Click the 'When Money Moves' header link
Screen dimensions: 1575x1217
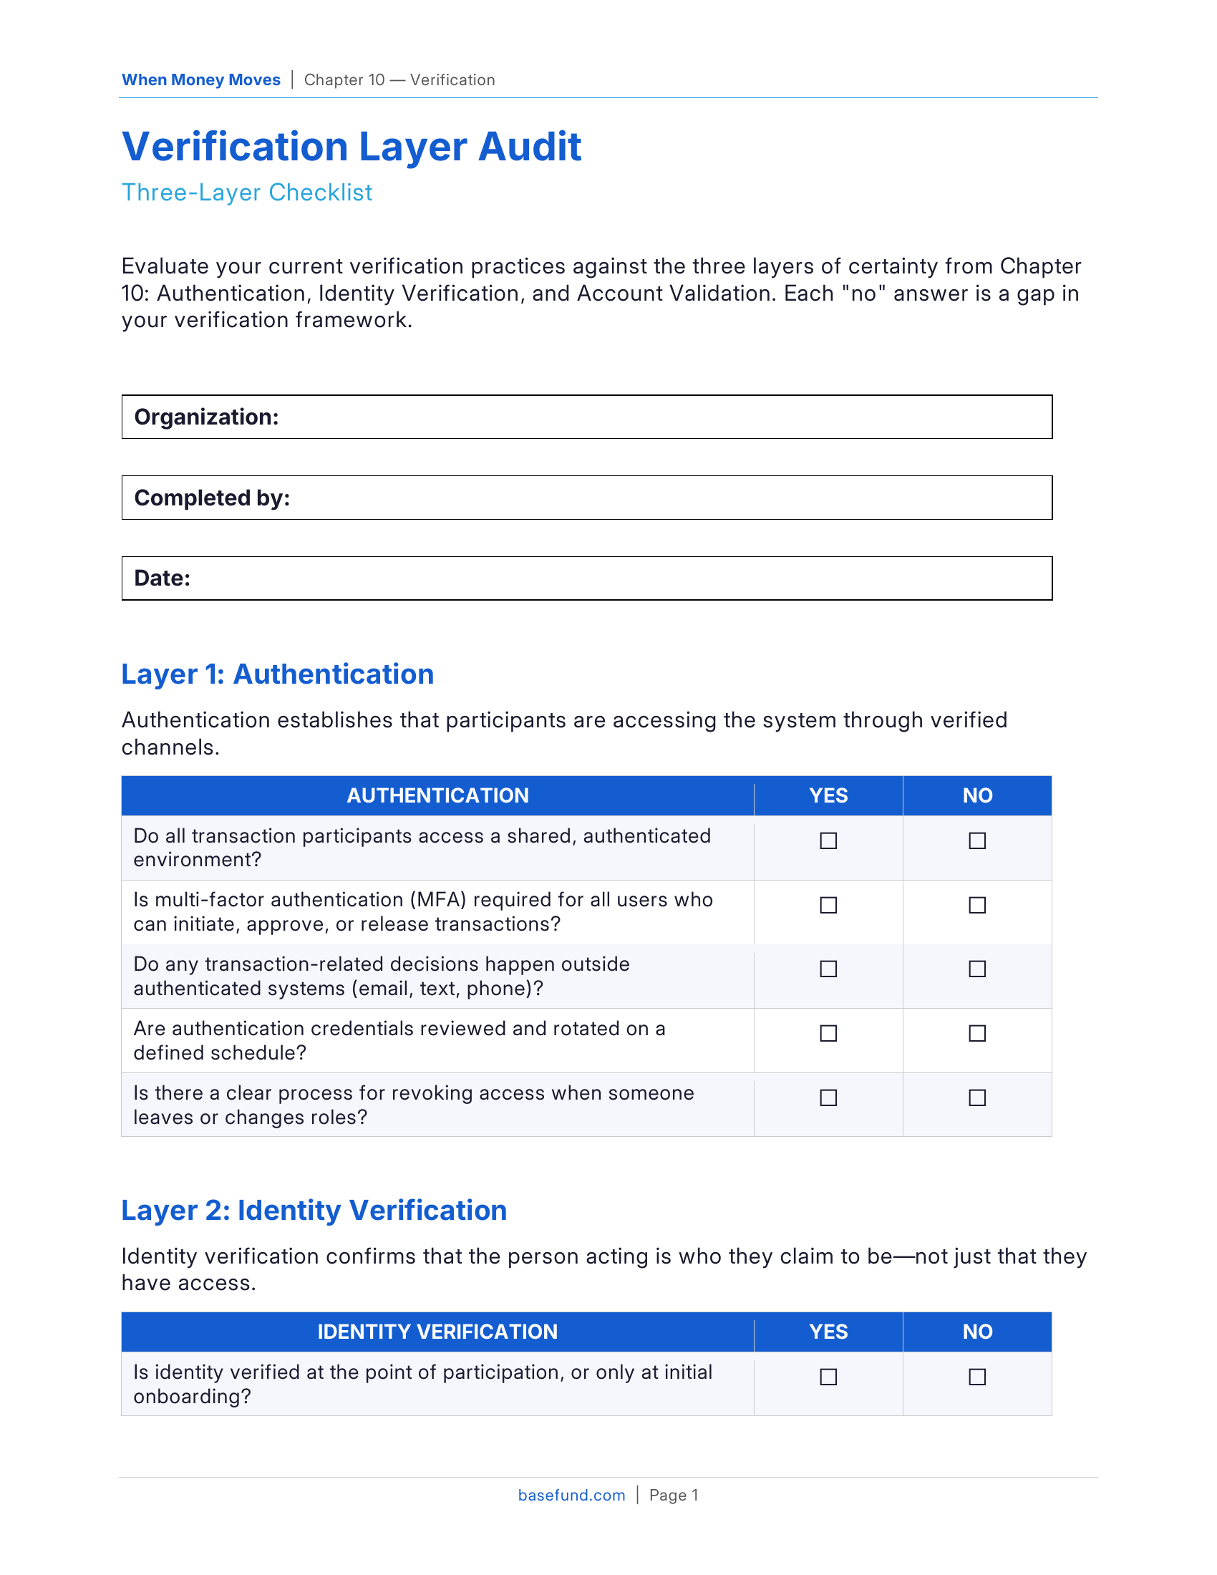[x=200, y=80]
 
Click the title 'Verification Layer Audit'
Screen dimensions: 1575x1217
[x=351, y=147]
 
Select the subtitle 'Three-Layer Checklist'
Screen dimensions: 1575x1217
[x=246, y=193]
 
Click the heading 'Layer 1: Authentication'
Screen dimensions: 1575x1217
[x=278, y=674]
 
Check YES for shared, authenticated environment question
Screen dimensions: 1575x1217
[x=828, y=841]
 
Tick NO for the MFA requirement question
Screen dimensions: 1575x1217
[x=977, y=905]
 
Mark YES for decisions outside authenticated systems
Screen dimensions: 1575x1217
[x=828, y=969]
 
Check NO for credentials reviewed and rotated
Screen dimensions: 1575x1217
[x=977, y=1033]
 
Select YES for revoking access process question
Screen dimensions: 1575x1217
[x=828, y=1097]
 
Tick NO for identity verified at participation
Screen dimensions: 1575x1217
[x=977, y=1377]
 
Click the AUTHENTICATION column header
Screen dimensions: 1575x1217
[x=437, y=795]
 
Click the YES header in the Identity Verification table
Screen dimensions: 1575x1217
[x=828, y=1332]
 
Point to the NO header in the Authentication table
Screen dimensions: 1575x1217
[x=977, y=795]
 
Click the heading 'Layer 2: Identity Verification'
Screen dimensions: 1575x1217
[x=314, y=1211]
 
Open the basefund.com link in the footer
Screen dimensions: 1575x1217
[x=571, y=1496]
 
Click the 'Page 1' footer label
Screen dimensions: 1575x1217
[x=674, y=1496]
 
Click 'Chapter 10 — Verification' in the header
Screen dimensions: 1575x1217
[x=399, y=80]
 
